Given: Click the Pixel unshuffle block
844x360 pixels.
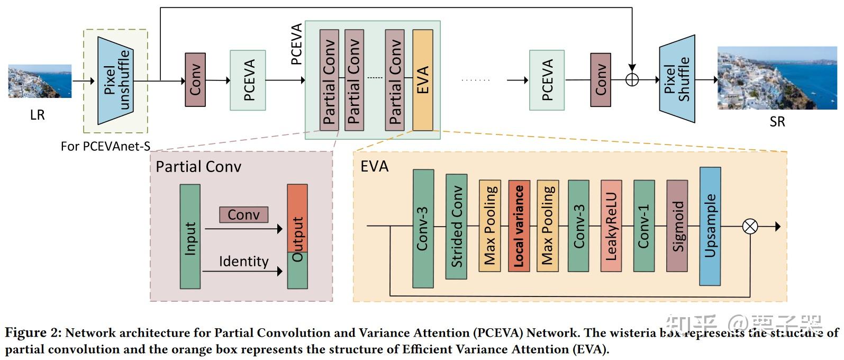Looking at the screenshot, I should [115, 80].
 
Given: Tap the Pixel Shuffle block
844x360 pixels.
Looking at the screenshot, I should [677, 79].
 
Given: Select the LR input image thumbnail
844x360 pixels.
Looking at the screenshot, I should [40, 82].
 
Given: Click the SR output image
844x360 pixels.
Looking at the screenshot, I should [777, 78].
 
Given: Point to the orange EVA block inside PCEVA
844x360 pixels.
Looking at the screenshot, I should [423, 80].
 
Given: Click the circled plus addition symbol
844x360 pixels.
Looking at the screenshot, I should [632, 80].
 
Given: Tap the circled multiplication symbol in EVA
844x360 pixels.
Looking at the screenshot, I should [750, 227].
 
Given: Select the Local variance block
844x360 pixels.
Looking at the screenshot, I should [519, 226].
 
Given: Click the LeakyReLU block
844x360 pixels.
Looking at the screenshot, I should [611, 226].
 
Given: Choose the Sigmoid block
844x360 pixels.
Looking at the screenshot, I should [677, 226].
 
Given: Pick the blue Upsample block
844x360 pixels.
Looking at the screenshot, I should [710, 226].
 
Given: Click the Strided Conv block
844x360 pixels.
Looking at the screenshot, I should [456, 226].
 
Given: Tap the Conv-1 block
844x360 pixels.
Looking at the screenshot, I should [643, 226].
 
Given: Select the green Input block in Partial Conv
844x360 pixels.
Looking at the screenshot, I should [190, 237].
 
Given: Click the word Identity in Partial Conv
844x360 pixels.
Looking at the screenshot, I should [243, 262].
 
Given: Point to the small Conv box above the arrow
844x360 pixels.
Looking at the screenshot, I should [243, 214].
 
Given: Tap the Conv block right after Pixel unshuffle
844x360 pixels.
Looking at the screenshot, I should [195, 80].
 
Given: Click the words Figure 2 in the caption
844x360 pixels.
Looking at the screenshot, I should [33, 333].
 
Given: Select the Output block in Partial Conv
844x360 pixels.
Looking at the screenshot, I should [297, 237].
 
